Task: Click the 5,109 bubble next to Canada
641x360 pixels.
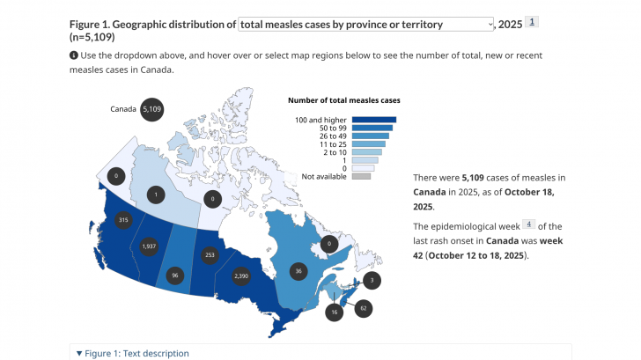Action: [x=151, y=109]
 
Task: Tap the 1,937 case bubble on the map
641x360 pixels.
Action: [x=149, y=246]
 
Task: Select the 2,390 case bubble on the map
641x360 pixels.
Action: [x=242, y=276]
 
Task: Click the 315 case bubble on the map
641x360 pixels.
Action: [x=123, y=220]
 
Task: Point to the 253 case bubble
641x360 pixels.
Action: [x=209, y=254]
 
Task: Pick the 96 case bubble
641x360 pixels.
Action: [x=174, y=276]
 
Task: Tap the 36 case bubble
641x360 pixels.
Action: [x=299, y=272]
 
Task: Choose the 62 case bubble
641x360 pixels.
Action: [x=363, y=308]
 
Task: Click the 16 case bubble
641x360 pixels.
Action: [x=335, y=312]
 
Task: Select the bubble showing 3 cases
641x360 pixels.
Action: [x=372, y=280]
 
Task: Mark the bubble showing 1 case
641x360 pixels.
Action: [x=156, y=194]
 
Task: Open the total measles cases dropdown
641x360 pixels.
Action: [x=366, y=25]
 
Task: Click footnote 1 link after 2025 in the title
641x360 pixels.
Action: [x=532, y=21]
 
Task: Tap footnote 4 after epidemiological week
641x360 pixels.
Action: [x=529, y=224]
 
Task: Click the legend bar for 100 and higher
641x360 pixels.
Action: [x=374, y=120]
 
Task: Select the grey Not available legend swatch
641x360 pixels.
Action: [x=361, y=176]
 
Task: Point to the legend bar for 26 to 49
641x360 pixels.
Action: [x=370, y=136]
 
